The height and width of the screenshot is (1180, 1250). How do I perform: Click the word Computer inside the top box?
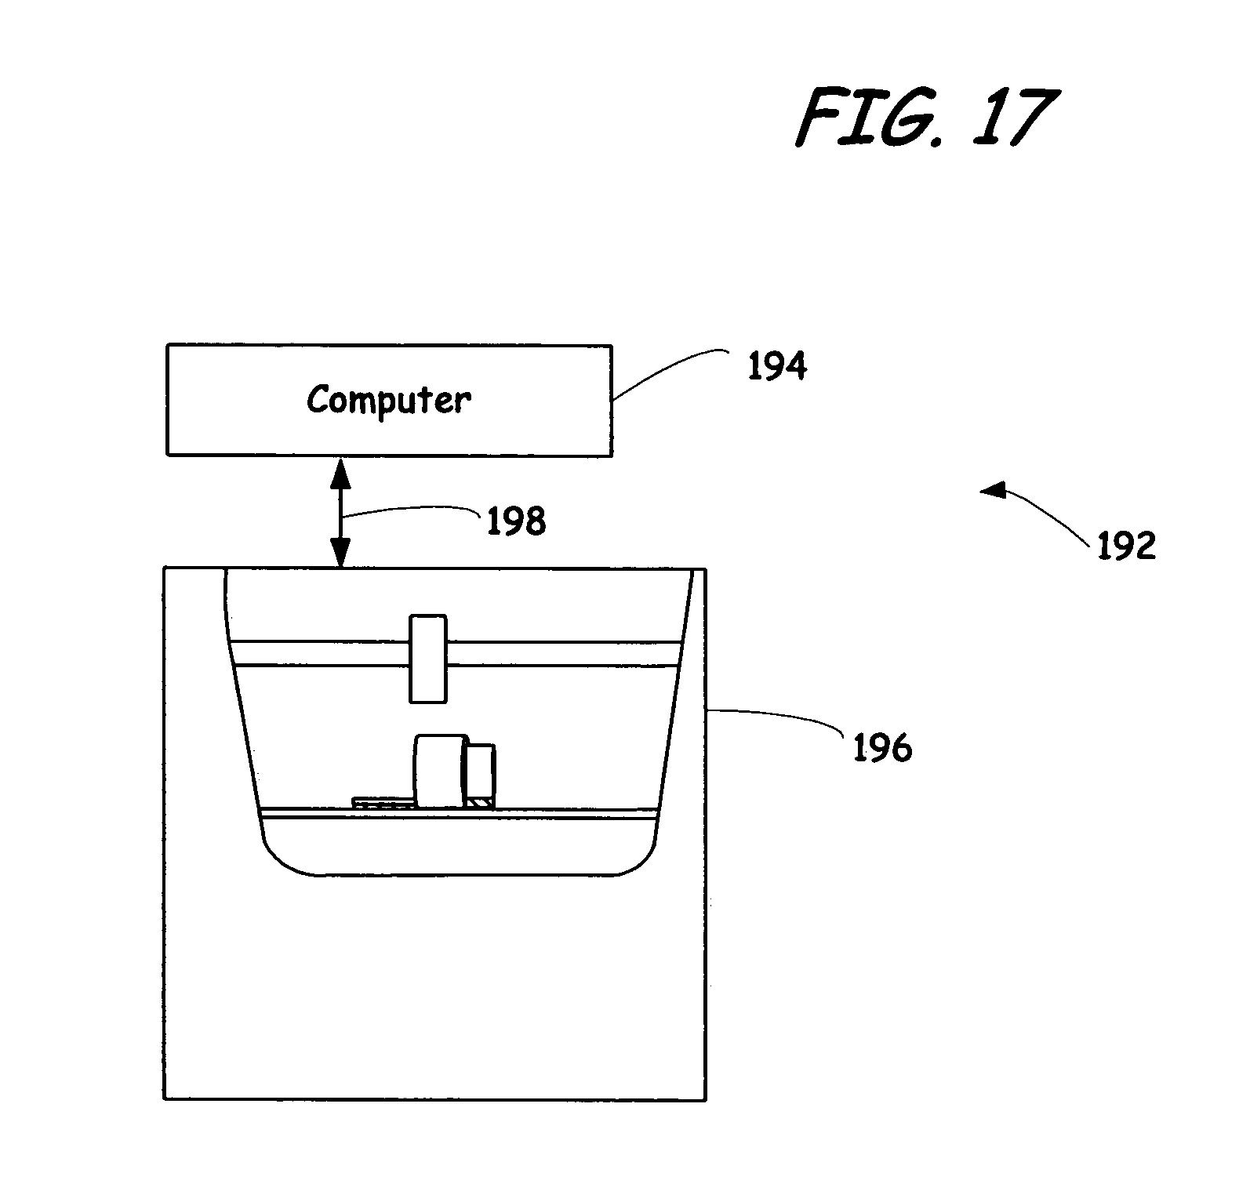[389, 400]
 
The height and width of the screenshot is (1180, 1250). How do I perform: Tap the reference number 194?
[776, 367]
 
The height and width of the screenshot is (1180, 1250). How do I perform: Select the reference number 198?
[516, 521]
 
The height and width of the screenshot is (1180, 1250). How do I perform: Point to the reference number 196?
[882, 749]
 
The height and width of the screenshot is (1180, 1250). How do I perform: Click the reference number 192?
[1126, 546]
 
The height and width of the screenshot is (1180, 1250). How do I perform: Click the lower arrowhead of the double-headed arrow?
[340, 555]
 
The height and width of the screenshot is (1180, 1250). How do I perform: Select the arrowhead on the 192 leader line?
[992, 492]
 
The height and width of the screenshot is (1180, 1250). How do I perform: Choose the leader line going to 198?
[412, 511]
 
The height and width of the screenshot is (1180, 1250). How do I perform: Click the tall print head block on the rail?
[428, 659]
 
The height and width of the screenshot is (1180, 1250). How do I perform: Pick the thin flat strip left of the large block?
[383, 803]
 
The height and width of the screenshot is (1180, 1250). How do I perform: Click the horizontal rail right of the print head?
[561, 654]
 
